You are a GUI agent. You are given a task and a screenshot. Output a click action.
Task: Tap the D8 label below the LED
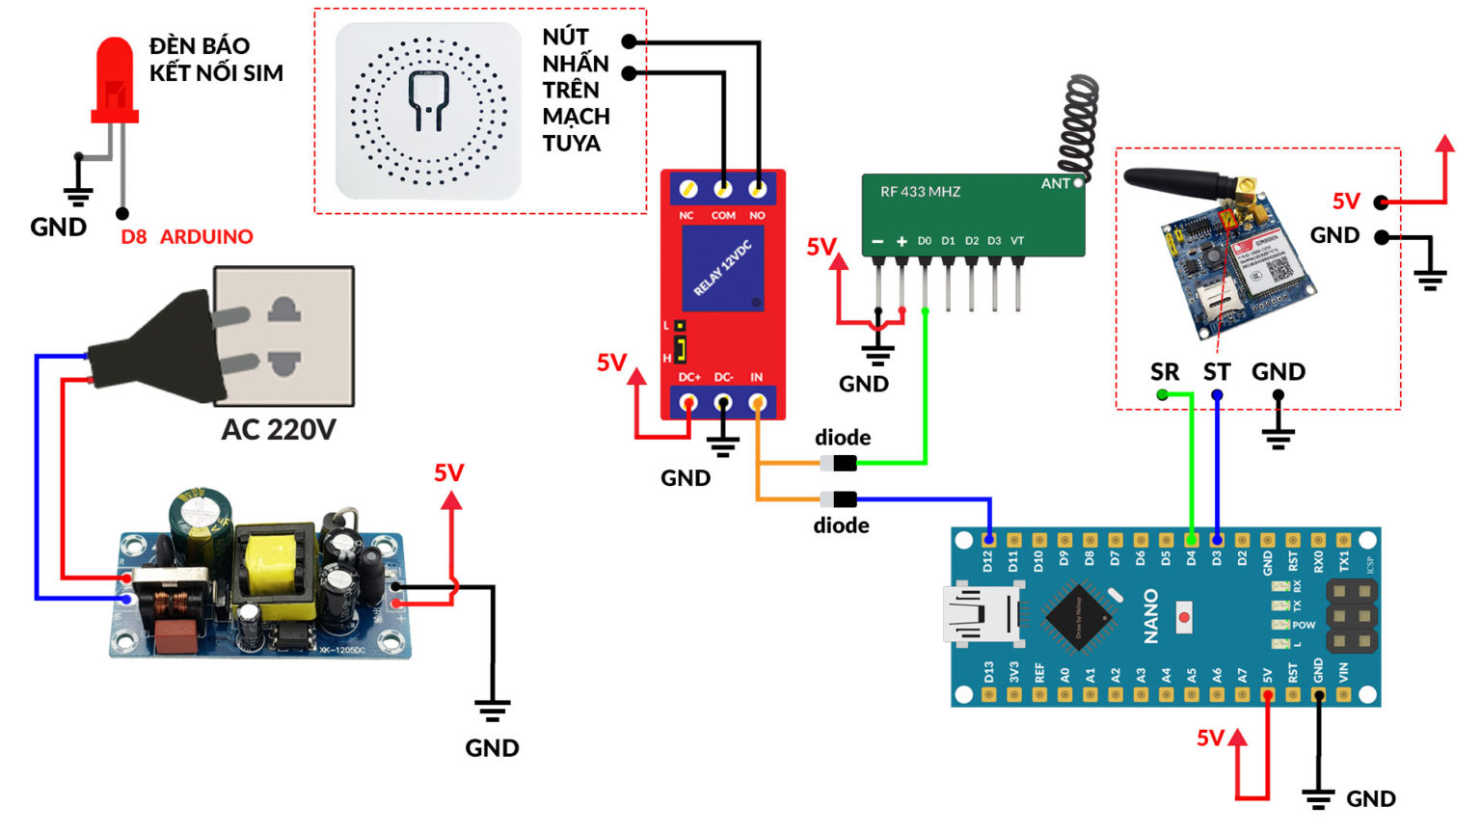pyautogui.click(x=133, y=237)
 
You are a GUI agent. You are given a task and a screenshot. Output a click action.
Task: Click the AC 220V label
pyautogui.click(x=278, y=429)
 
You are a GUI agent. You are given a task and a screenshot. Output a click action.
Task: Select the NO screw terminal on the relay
pyautogui.click(x=757, y=189)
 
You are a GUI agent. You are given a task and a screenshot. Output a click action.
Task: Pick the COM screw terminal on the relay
pyautogui.click(x=723, y=189)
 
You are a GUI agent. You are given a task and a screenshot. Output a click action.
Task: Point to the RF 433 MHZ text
pyautogui.click(x=920, y=192)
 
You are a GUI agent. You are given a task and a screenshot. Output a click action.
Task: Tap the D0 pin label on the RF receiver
pyautogui.click(x=925, y=241)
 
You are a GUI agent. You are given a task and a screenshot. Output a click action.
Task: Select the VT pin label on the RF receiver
pyautogui.click(x=1017, y=241)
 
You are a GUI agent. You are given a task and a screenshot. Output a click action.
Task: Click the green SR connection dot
pyautogui.click(x=1162, y=395)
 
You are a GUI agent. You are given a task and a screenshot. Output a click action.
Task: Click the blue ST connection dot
pyautogui.click(x=1217, y=395)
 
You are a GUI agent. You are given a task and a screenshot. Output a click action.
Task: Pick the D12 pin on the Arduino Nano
pyautogui.click(x=988, y=540)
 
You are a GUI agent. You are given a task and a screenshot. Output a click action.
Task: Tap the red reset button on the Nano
pyautogui.click(x=1184, y=617)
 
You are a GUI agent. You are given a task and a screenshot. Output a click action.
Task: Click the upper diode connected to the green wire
pyautogui.click(x=839, y=464)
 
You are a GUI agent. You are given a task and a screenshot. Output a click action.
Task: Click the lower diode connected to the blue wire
pyautogui.click(x=839, y=499)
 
